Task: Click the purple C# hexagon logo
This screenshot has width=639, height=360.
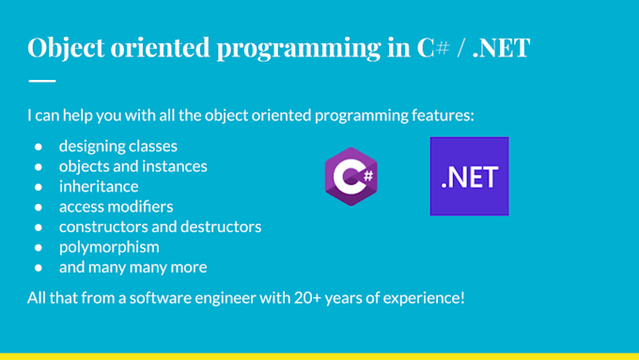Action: pos(351,176)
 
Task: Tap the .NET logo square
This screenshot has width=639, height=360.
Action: pos(469,176)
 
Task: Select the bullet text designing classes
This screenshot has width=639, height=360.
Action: pos(117,146)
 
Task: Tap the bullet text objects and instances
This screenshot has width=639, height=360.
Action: pos(132,166)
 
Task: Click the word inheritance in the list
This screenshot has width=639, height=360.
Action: pos(98,186)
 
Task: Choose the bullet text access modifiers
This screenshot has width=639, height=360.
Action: pos(116,206)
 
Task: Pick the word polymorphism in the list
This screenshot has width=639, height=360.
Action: pos(108,246)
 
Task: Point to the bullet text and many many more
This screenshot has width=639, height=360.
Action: pos(132,267)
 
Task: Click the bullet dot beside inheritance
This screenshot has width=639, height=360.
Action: pos(39,186)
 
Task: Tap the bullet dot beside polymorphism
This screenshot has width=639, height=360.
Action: pos(39,246)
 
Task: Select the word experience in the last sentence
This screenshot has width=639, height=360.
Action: pos(422,299)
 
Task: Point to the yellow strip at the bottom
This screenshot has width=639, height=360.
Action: pos(319,355)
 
